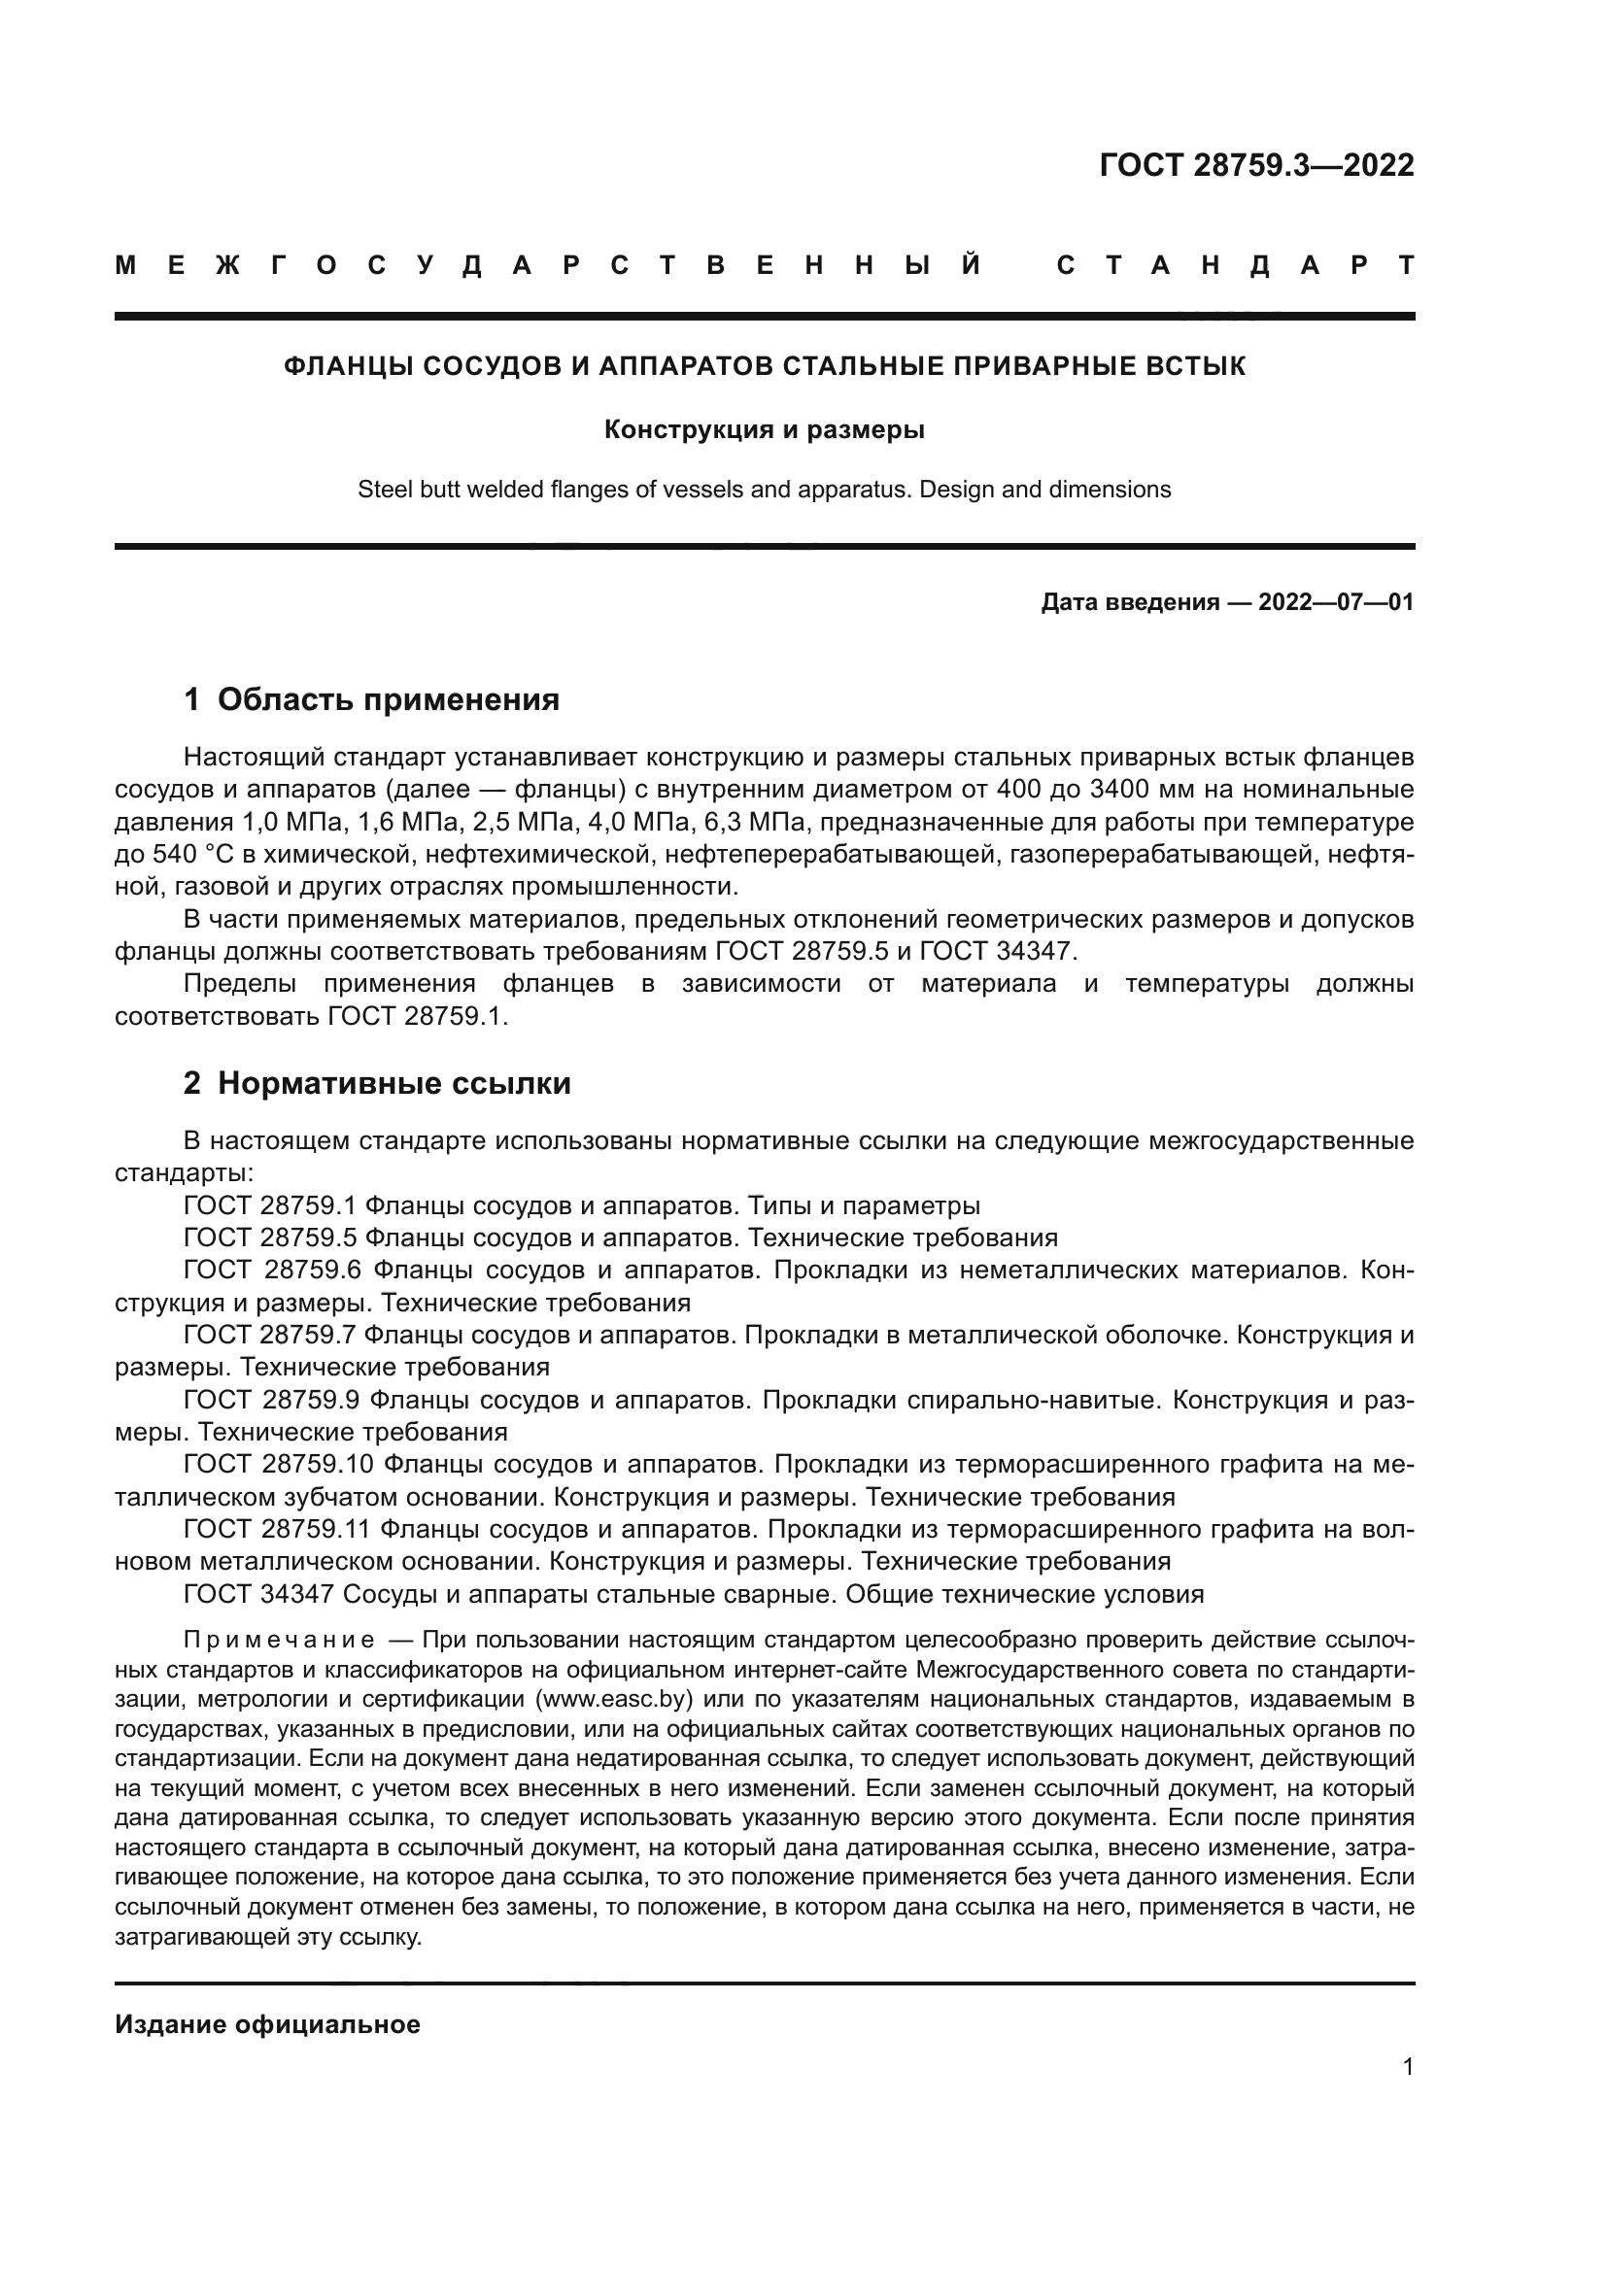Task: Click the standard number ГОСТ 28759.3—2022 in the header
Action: (1255, 165)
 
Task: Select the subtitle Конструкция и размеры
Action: (764, 429)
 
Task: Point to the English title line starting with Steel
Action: (764, 489)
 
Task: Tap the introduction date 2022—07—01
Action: (1336, 601)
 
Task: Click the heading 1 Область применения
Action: (371, 699)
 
